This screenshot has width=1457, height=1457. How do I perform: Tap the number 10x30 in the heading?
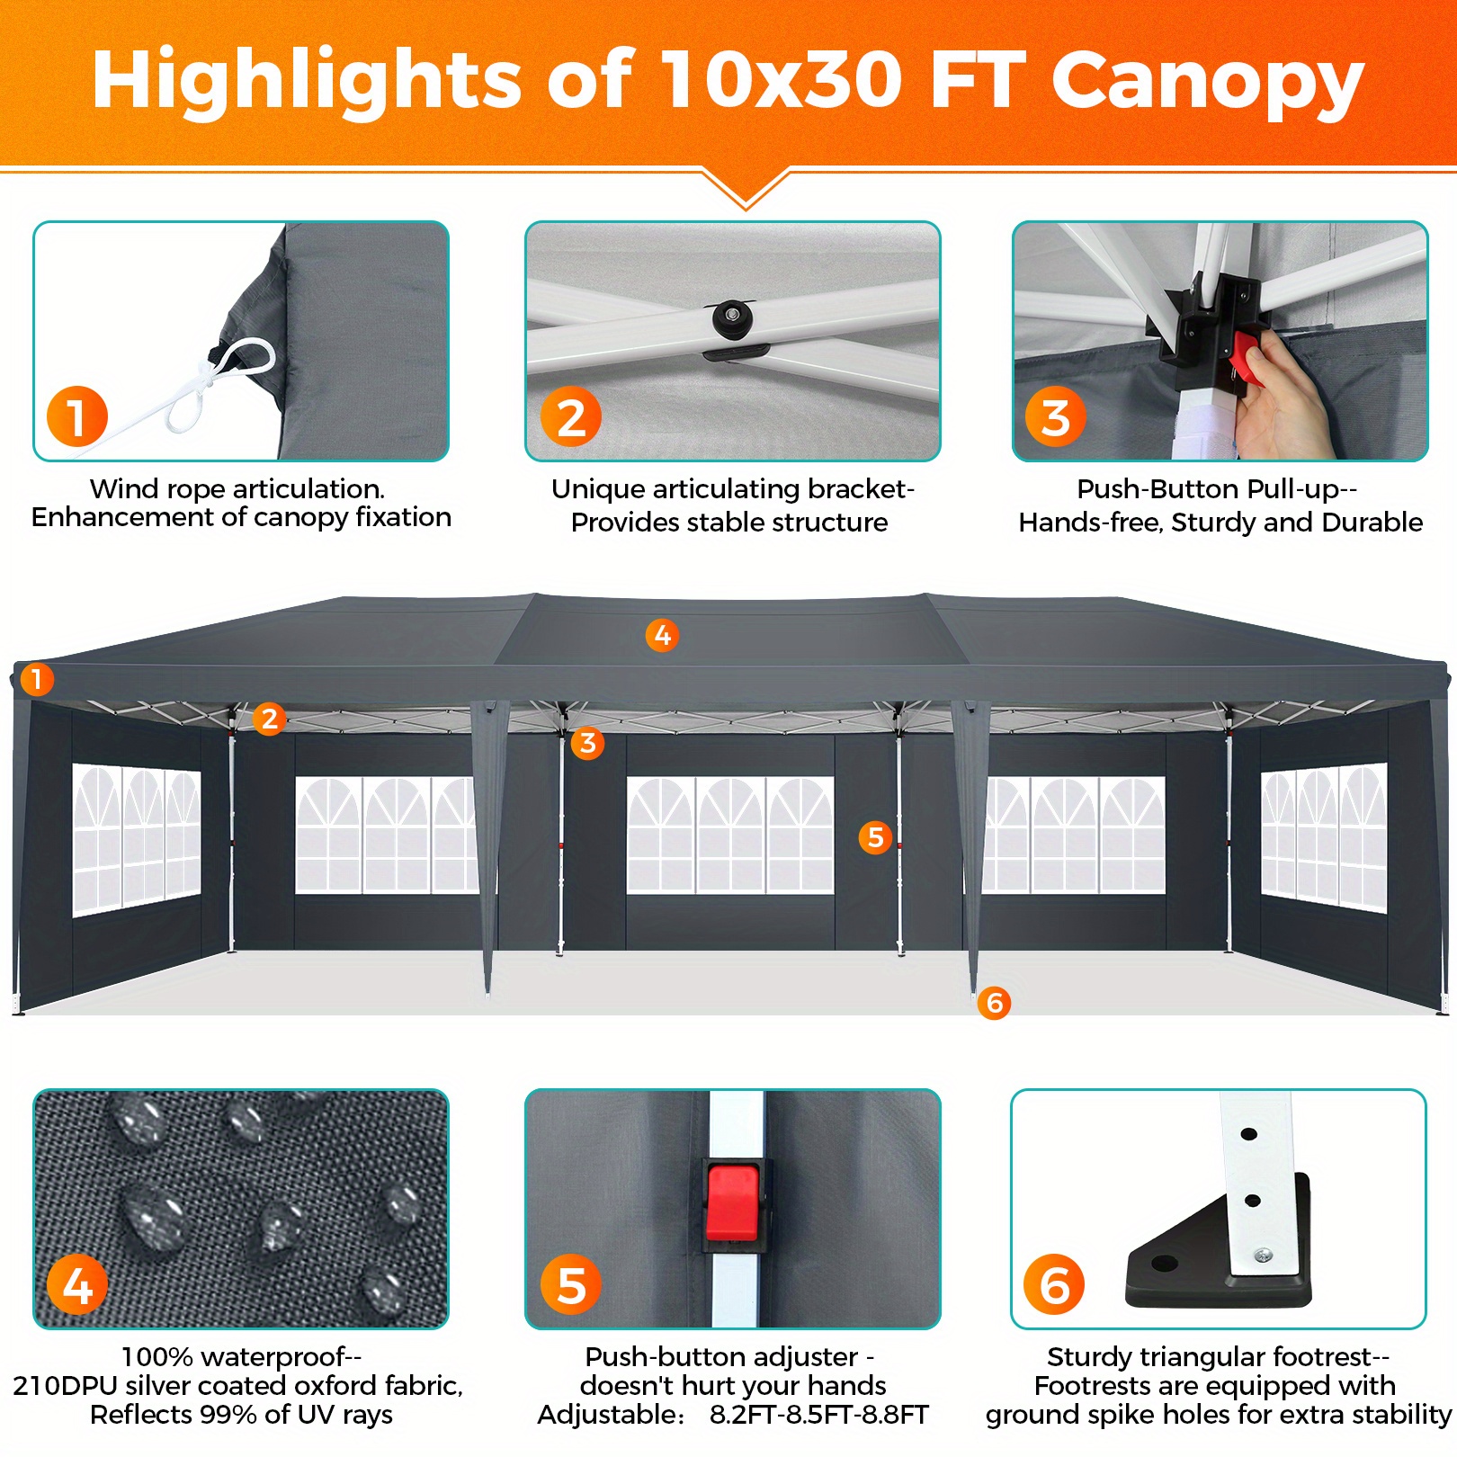(781, 79)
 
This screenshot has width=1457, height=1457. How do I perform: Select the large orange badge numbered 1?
(77, 416)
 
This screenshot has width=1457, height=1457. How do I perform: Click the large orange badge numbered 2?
(571, 417)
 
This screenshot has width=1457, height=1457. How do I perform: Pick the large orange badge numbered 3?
(1056, 417)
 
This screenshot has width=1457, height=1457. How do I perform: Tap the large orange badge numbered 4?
(77, 1284)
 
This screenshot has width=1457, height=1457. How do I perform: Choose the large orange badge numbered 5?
(571, 1284)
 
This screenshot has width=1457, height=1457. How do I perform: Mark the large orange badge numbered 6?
(1055, 1284)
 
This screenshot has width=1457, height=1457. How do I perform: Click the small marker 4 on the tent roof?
(662, 635)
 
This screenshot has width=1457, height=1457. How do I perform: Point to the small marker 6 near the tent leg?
(995, 1003)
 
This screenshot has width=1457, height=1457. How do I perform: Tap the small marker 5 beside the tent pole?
(875, 837)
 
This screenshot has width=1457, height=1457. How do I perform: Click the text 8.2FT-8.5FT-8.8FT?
(819, 1415)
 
